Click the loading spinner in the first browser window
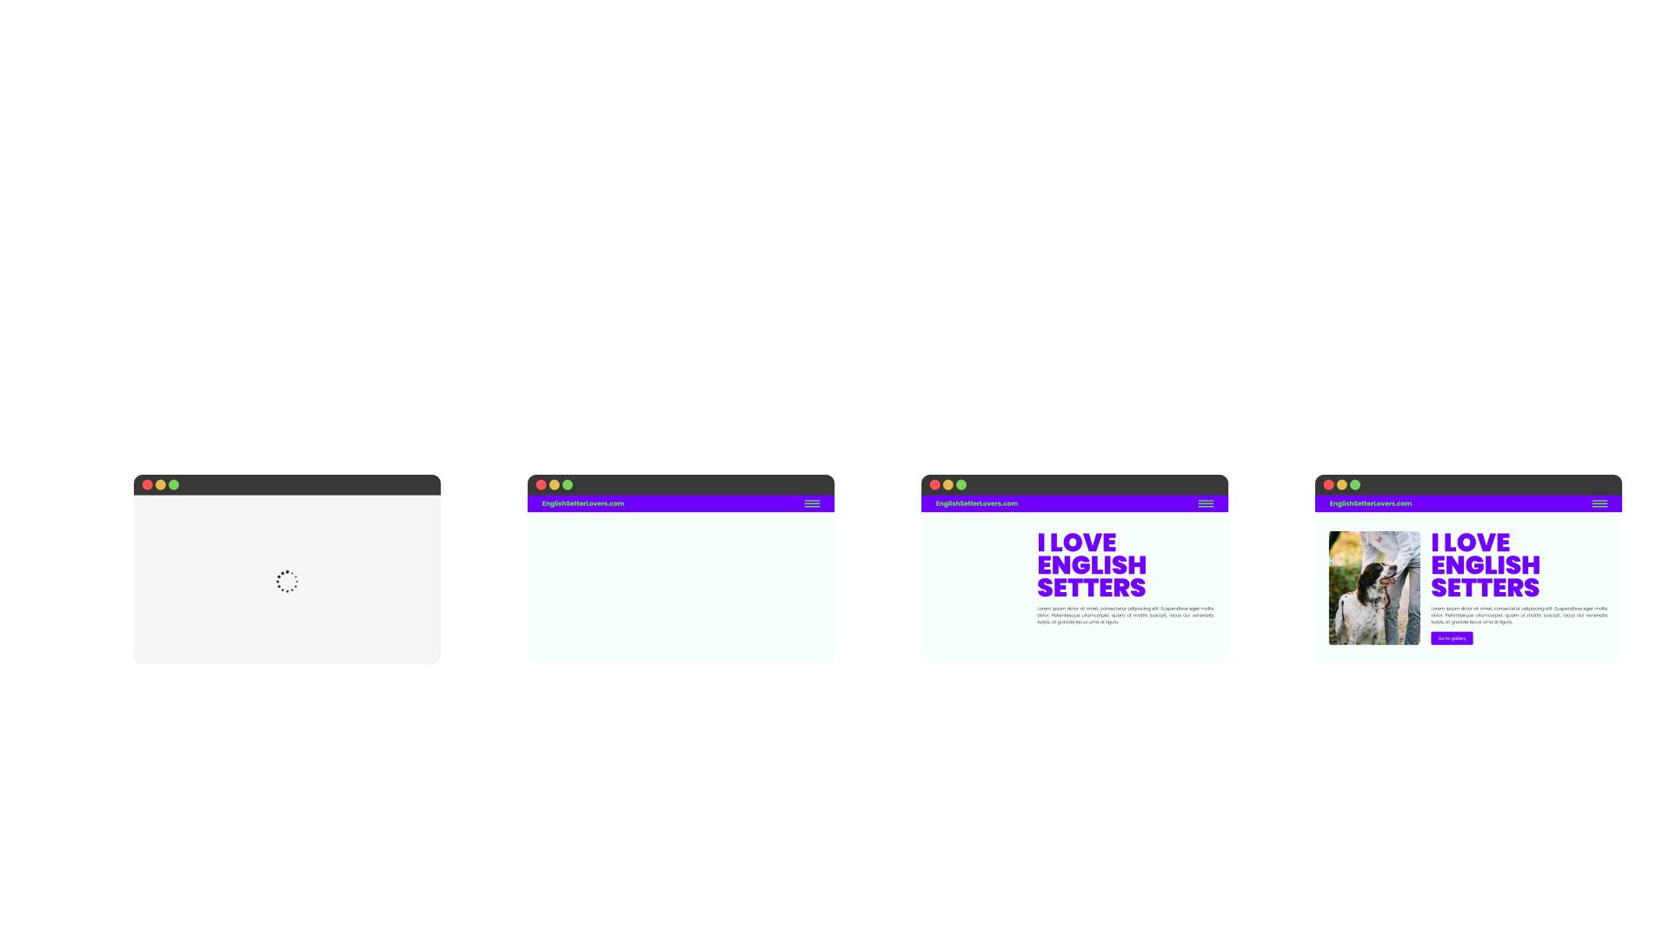pyautogui.click(x=287, y=582)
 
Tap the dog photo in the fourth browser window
pyautogui.click(x=1374, y=588)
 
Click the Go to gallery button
pyautogui.click(x=1452, y=638)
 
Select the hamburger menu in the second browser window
pyautogui.click(x=812, y=504)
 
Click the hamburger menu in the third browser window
pyautogui.click(x=1206, y=504)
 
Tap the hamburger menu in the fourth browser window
pyautogui.click(x=1599, y=504)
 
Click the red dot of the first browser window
pyautogui.click(x=148, y=485)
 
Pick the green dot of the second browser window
pyautogui.click(x=568, y=485)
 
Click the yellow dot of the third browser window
pyautogui.click(x=948, y=485)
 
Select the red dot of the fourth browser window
pyautogui.click(x=1329, y=485)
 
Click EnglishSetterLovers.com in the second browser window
pyautogui.click(x=582, y=504)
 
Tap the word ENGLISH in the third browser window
pyautogui.click(x=1092, y=565)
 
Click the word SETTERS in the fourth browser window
pyautogui.click(x=1485, y=589)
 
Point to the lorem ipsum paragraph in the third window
pyautogui.click(x=1125, y=616)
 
